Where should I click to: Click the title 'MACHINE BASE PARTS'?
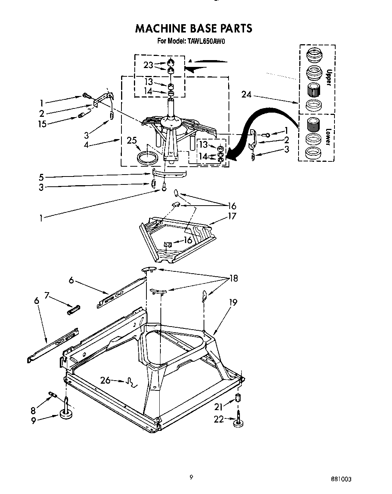[193, 28]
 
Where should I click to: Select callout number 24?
[246, 94]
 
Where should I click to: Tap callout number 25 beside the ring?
[132, 141]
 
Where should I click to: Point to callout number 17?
[232, 216]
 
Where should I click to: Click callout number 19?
[233, 302]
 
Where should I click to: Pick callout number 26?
[106, 380]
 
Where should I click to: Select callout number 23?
[148, 65]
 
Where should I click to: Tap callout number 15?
[42, 123]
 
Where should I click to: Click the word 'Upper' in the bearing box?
[328, 77]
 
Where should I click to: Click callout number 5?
[41, 177]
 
